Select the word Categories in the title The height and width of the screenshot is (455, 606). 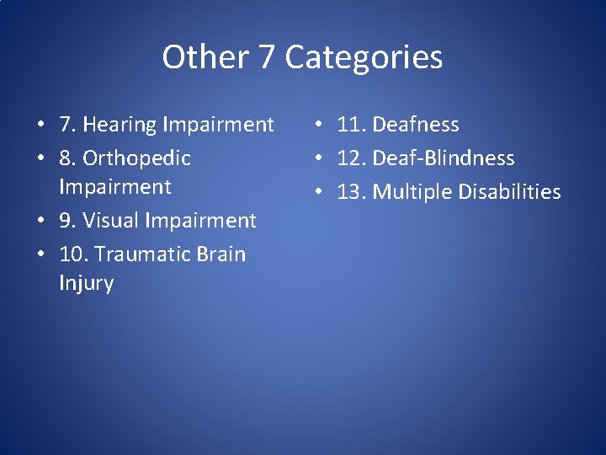click(364, 57)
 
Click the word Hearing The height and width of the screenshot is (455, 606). click(120, 126)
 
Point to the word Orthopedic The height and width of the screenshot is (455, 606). click(136, 158)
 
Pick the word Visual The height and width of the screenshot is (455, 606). click(111, 221)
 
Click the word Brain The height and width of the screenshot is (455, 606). click(222, 254)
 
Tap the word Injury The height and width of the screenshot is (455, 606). click(86, 283)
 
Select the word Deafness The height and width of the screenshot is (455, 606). click(416, 125)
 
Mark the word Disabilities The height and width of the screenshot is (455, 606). click(510, 192)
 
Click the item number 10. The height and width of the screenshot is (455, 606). click(71, 254)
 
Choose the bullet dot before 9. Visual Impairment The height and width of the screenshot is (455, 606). click(40, 222)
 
